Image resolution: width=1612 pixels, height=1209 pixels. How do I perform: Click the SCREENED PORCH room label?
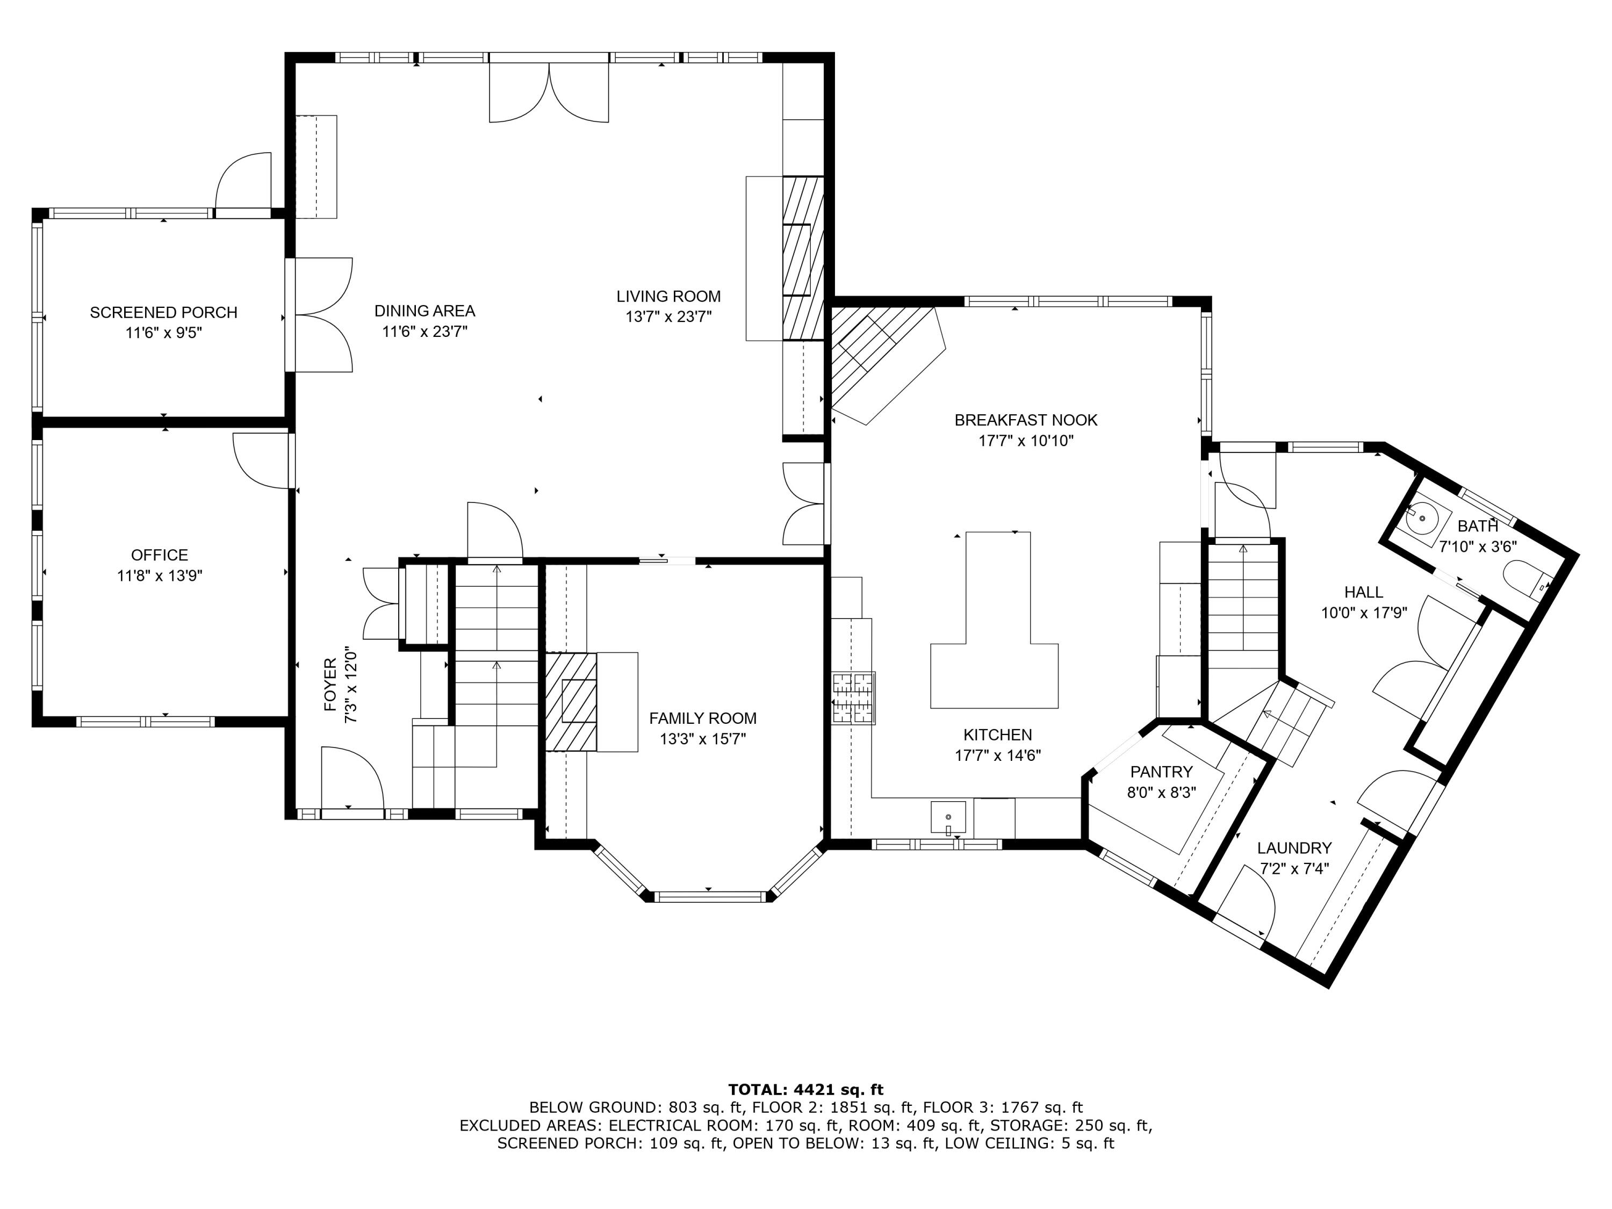(163, 313)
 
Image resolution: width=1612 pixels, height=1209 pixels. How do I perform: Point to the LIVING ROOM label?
(668, 297)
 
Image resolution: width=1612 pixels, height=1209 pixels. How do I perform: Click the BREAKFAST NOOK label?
(1025, 421)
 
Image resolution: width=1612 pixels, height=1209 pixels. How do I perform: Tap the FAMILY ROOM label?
(702, 718)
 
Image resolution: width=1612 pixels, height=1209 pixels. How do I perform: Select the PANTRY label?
(1161, 772)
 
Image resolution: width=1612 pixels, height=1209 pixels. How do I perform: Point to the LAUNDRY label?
(1294, 848)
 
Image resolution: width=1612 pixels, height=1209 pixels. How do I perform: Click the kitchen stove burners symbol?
(853, 697)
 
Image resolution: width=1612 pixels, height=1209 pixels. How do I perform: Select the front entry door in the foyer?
(352, 780)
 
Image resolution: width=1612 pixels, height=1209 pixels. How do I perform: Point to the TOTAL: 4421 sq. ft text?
(805, 1090)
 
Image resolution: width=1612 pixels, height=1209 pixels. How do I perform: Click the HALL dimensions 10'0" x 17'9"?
(1364, 614)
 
